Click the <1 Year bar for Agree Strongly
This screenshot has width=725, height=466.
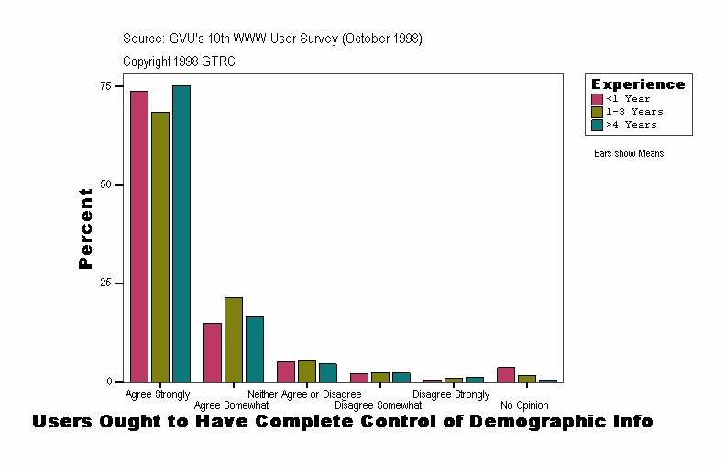tap(138, 236)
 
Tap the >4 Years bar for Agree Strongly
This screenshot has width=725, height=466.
tap(181, 233)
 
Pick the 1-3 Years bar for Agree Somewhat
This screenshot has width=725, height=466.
tap(234, 339)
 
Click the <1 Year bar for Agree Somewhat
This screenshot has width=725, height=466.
tap(213, 352)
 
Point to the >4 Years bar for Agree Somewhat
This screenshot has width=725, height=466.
tap(255, 349)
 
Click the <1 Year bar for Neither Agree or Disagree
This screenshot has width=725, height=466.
tap(286, 372)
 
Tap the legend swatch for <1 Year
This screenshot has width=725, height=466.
tap(598, 99)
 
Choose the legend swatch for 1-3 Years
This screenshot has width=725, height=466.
tap(598, 112)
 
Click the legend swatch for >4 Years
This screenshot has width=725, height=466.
tap(598, 124)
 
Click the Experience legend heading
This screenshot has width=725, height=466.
tap(638, 84)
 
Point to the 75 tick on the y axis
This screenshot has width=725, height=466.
tap(106, 86)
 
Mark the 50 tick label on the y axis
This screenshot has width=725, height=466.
tap(106, 184)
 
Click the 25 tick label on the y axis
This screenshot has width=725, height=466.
tap(106, 283)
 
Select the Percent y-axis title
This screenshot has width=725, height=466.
tap(86, 228)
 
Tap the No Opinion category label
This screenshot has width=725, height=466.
tap(524, 405)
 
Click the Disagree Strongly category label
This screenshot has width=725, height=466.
tap(451, 394)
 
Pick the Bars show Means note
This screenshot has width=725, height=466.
tap(629, 154)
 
